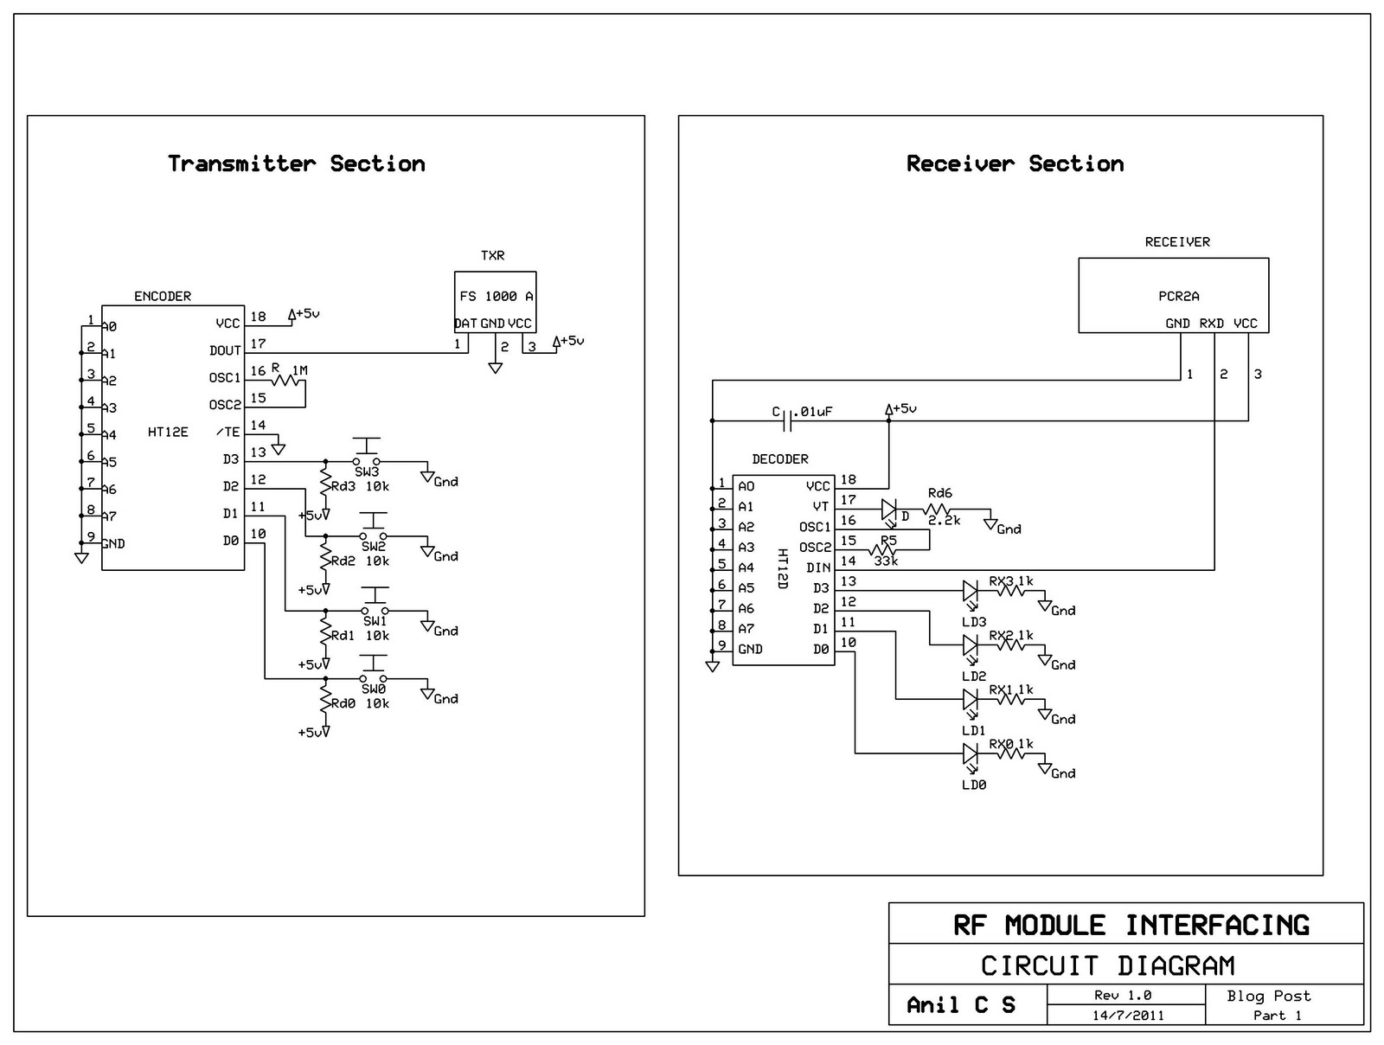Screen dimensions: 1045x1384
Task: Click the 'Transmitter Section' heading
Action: (297, 163)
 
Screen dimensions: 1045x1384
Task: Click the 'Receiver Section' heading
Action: (1015, 163)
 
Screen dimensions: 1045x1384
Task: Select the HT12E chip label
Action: (168, 432)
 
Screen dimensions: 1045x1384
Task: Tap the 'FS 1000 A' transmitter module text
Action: (497, 296)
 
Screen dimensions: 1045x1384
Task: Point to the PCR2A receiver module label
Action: (1179, 296)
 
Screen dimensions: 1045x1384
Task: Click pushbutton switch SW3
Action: (368, 456)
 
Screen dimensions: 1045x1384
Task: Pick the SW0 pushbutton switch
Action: (374, 673)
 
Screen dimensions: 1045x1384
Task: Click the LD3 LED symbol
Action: (971, 592)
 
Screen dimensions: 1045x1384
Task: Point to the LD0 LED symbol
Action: (971, 754)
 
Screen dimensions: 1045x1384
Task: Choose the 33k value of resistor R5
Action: (886, 561)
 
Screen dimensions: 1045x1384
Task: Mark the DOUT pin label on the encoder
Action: (225, 350)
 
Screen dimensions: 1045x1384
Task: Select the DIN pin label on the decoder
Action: (818, 567)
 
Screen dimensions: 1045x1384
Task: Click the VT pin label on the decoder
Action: (821, 506)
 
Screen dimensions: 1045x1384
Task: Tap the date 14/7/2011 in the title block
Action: (1127, 1016)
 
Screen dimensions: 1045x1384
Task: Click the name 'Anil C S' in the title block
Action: (961, 1005)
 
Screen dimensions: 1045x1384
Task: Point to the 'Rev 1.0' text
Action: (1123, 996)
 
